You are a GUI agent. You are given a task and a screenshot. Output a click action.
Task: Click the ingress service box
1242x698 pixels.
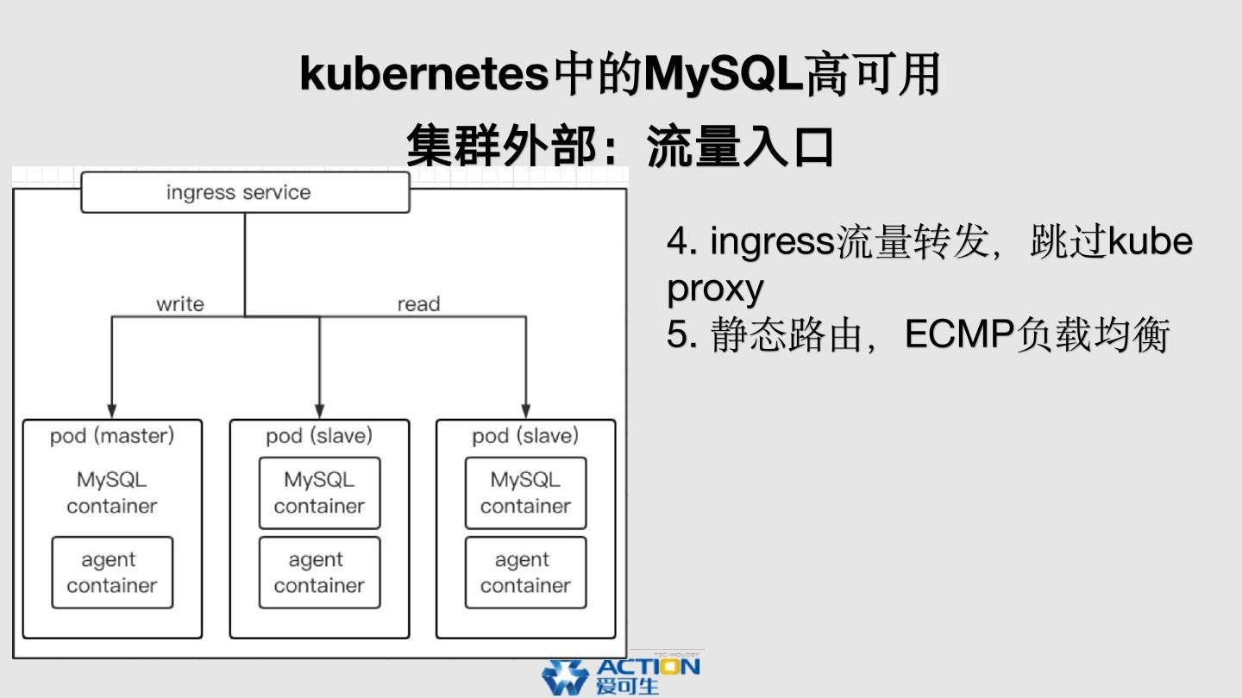pos(245,192)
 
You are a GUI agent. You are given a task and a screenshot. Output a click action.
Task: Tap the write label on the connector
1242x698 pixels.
pos(180,304)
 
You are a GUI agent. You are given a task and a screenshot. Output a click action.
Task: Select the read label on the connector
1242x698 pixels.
pos(418,304)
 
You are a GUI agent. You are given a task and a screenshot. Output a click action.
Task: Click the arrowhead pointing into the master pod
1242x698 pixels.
pos(111,410)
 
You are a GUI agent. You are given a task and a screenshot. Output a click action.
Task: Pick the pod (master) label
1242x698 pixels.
pos(112,436)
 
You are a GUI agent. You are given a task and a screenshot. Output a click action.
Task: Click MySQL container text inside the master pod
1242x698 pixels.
pos(112,493)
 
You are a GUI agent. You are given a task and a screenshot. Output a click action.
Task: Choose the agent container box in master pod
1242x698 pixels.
pos(112,573)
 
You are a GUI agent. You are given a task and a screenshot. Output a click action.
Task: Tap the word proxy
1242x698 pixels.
pos(715,290)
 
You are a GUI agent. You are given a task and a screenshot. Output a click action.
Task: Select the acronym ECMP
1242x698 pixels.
pos(959,335)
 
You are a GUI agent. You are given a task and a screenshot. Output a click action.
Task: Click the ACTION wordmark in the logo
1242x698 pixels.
pos(648,667)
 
